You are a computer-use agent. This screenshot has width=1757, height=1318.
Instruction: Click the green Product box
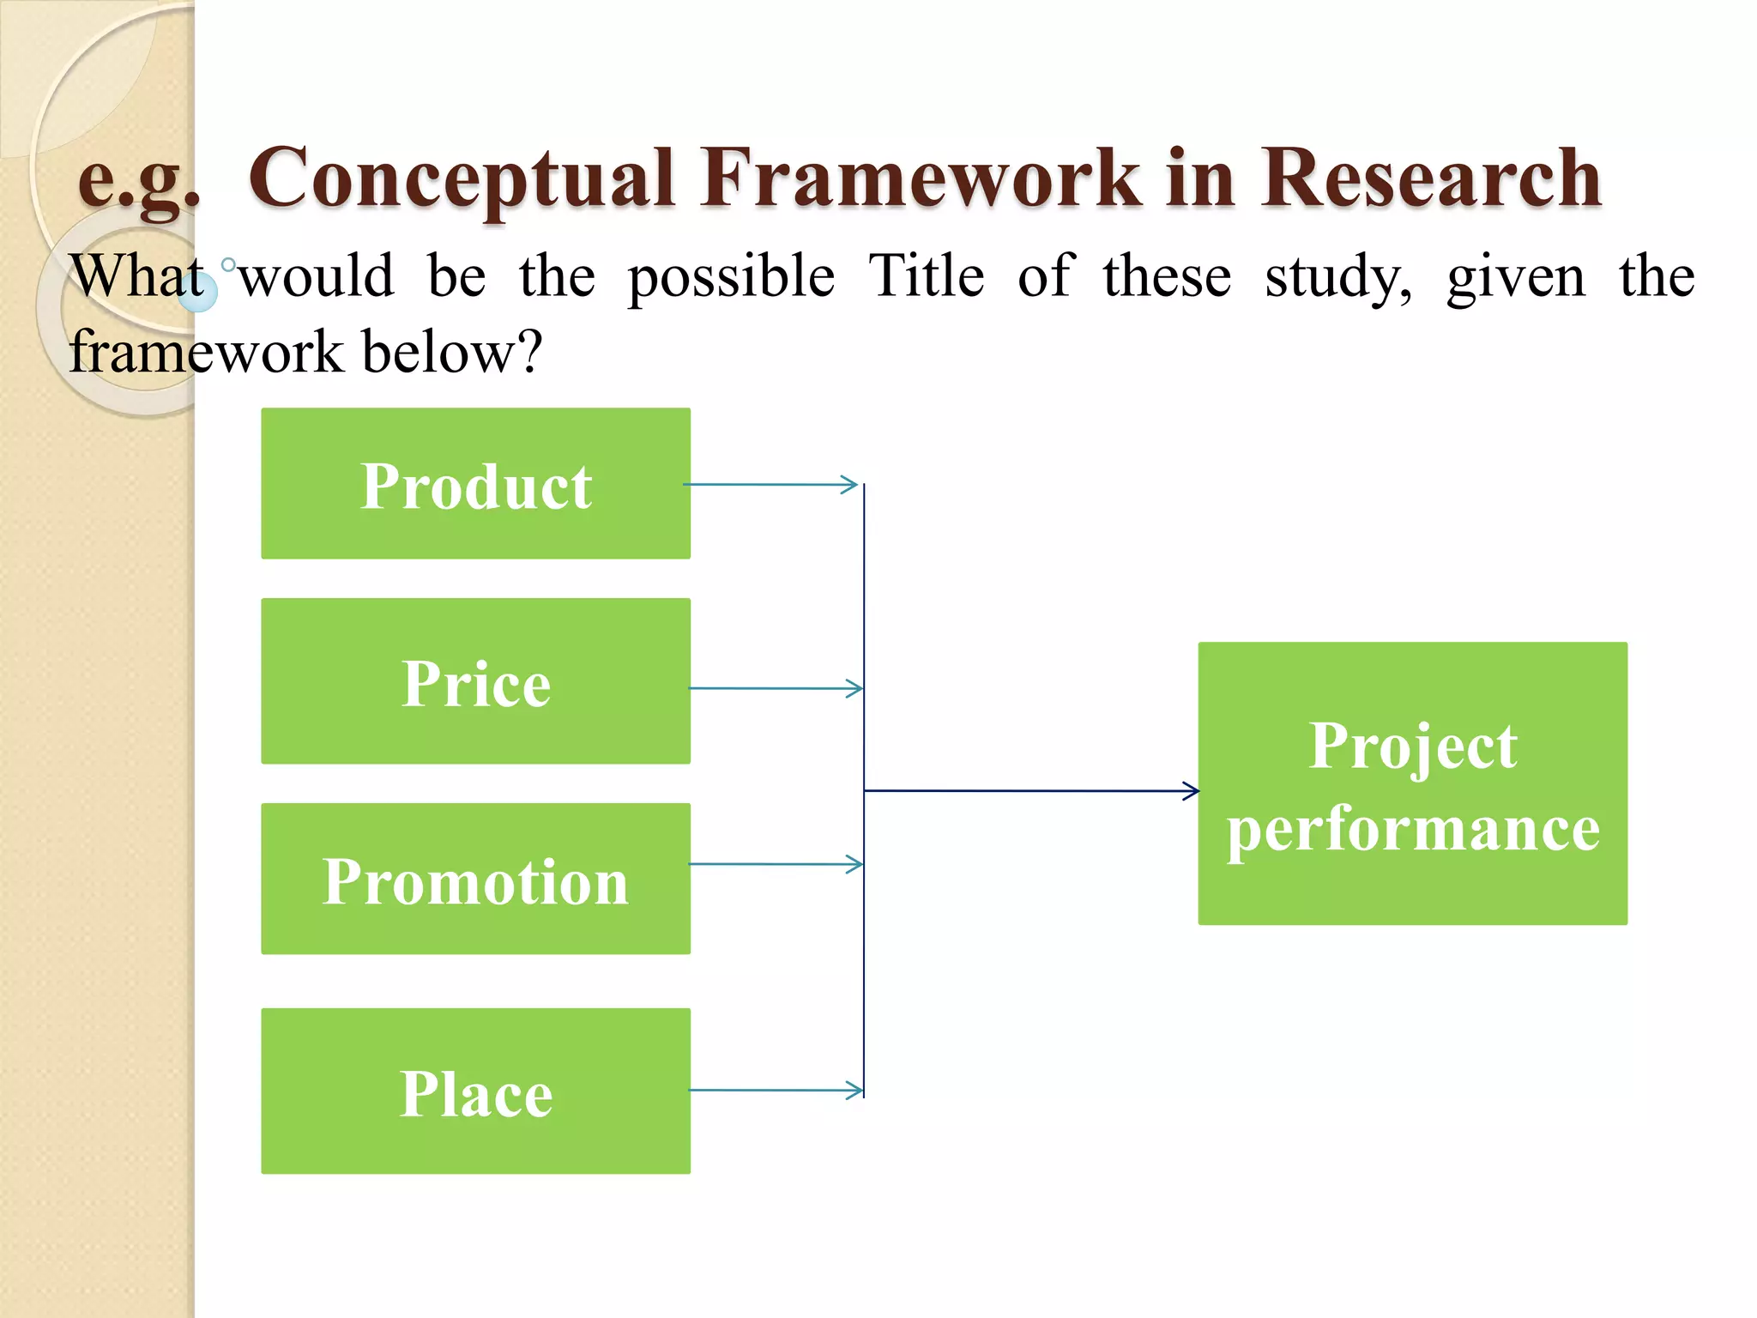475,484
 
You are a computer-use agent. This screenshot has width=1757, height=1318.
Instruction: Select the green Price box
475,681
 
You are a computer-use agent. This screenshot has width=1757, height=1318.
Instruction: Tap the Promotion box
475,879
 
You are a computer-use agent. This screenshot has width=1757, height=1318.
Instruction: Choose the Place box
475,1091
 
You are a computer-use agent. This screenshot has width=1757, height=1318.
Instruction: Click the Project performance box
1412,783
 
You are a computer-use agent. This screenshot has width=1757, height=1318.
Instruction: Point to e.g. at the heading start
138,180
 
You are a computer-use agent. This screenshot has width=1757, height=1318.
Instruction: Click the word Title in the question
926,276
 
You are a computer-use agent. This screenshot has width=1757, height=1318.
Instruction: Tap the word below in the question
450,352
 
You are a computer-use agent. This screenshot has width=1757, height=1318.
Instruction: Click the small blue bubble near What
199,293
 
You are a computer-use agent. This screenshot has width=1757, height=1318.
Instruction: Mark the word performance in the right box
1413,829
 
